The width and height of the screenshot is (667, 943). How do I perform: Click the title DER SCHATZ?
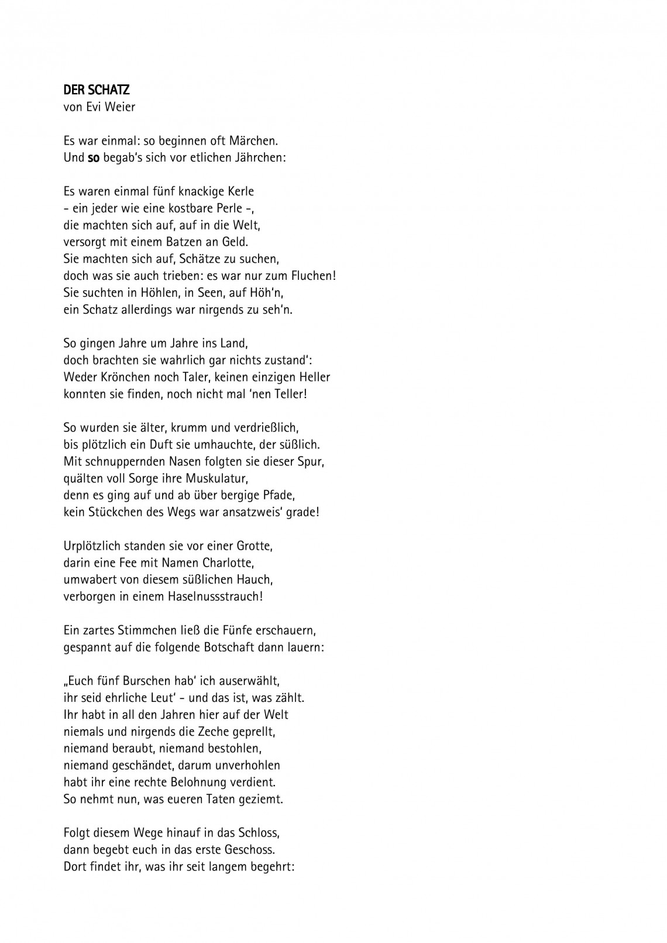[96, 90]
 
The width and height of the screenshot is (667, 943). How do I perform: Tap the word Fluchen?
[312, 276]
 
